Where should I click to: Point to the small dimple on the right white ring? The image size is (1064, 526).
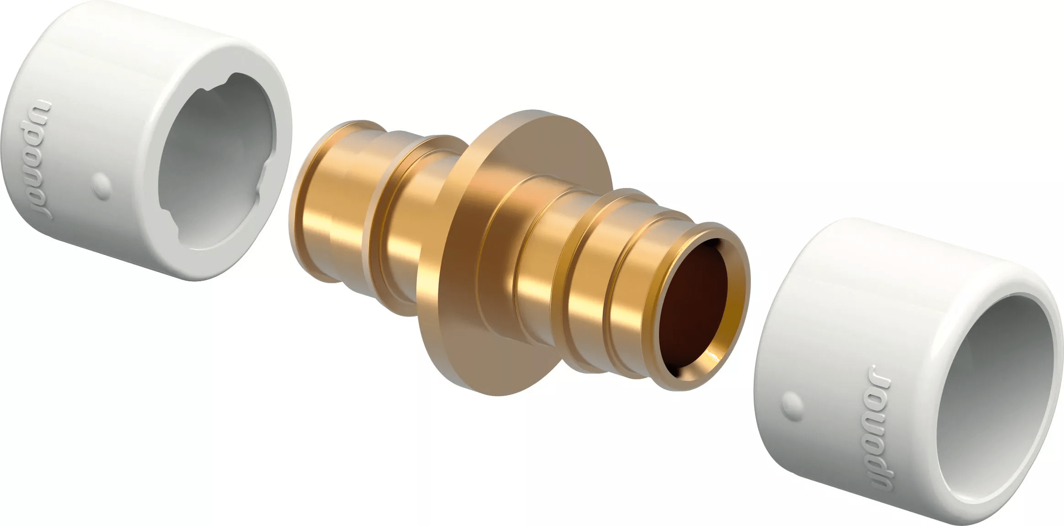(x=793, y=404)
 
